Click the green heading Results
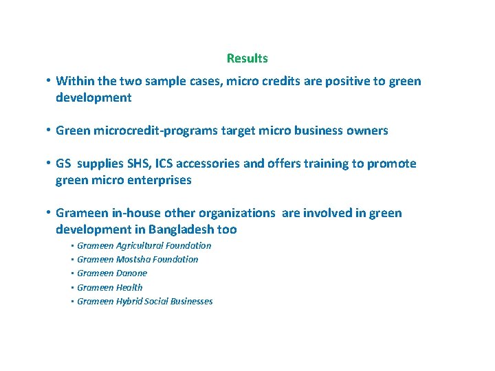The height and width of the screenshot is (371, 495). [247, 58]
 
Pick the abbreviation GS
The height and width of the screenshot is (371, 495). [64, 164]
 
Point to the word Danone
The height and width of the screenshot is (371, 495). [132, 273]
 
